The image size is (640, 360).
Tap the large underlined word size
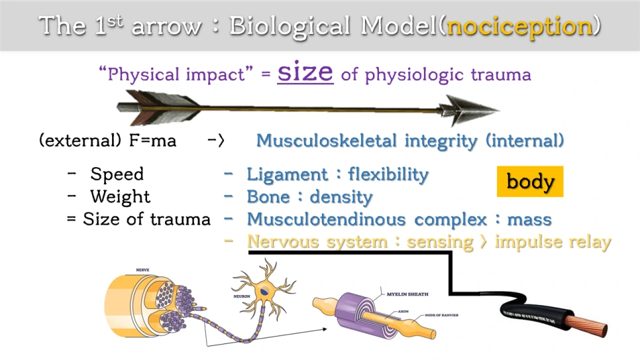[305, 72]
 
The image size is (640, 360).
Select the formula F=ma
[156, 141]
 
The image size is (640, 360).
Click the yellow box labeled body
[530, 181]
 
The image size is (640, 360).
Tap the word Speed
[117, 174]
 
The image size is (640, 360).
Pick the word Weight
[121, 197]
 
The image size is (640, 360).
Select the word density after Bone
[341, 197]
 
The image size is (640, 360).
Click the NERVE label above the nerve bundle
[142, 270]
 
